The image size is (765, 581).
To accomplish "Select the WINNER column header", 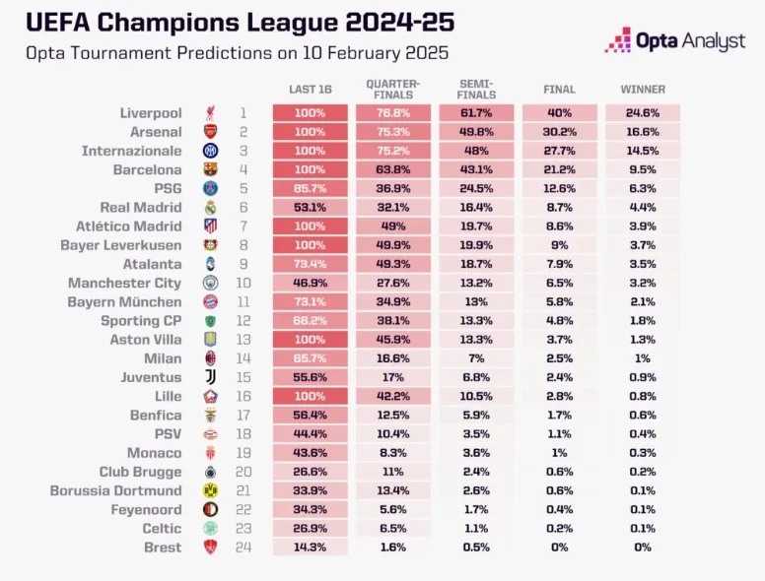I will click(x=643, y=90).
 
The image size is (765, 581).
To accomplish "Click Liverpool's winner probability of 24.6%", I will click(x=643, y=113).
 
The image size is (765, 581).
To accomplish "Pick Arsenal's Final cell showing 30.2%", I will click(x=560, y=132).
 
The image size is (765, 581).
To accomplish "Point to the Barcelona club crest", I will click(x=210, y=169).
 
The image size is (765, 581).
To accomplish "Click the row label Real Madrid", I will click(x=141, y=208).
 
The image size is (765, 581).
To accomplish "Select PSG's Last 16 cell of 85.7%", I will click(x=310, y=188).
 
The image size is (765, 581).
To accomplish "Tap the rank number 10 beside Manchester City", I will click(x=243, y=284).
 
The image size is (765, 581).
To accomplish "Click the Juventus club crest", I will click(x=210, y=377).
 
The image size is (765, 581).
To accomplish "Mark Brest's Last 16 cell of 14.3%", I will click(x=310, y=547).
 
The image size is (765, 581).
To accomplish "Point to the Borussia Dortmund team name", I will click(x=116, y=490).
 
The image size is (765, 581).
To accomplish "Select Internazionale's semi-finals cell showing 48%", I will click(x=476, y=151).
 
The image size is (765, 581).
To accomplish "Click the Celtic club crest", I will click(x=210, y=528).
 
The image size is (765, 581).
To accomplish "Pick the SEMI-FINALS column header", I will click(x=476, y=89).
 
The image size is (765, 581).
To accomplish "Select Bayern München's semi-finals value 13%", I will click(x=476, y=302).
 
